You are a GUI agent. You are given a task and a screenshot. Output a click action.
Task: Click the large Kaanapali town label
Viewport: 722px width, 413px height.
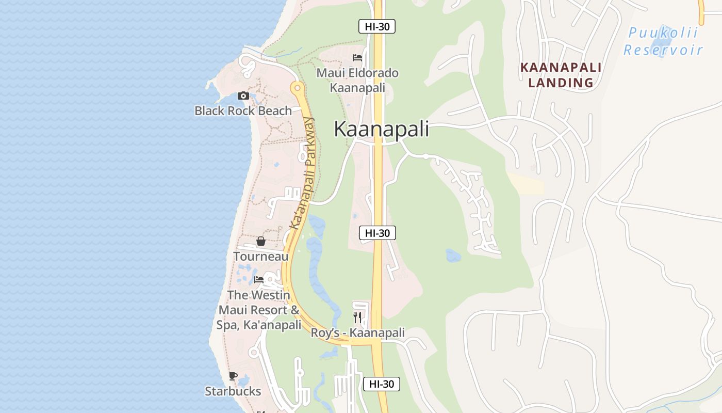[381, 129]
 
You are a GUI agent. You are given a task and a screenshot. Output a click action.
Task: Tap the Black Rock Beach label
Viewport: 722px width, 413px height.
[243, 110]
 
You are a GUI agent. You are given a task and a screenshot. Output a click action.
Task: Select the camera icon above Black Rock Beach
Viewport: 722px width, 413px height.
[243, 96]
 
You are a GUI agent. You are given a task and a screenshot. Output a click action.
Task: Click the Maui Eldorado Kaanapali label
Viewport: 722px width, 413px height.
[357, 80]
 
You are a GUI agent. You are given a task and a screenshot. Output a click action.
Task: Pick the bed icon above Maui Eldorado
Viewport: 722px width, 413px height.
[357, 58]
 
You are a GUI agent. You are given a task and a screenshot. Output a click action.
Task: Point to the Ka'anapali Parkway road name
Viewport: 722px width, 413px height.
[302, 173]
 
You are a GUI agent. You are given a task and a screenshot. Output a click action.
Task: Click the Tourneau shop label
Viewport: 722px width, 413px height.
[261, 256]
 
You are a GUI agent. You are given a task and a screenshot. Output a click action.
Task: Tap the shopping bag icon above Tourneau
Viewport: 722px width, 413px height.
[261, 241]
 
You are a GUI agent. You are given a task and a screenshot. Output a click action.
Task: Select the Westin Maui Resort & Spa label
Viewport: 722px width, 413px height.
[259, 310]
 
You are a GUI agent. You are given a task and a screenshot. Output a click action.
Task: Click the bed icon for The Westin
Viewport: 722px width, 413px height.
[259, 280]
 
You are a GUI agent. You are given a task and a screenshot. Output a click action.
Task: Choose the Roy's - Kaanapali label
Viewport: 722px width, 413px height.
[357, 333]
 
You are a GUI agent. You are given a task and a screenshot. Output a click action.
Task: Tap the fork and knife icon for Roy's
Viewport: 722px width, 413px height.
[357, 317]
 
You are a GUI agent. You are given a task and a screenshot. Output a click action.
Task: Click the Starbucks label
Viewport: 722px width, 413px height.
[233, 391]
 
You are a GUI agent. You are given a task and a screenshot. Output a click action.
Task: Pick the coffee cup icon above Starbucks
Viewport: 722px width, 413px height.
[233, 376]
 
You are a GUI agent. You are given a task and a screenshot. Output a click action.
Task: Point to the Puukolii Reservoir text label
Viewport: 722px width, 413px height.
[663, 41]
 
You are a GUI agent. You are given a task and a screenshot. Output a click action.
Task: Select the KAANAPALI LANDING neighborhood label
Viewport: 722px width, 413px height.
[561, 75]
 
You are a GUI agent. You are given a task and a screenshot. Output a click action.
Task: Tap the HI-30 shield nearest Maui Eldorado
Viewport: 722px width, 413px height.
[377, 26]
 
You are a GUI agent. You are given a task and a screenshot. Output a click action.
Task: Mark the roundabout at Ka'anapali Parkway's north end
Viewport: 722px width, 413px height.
[297, 88]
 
